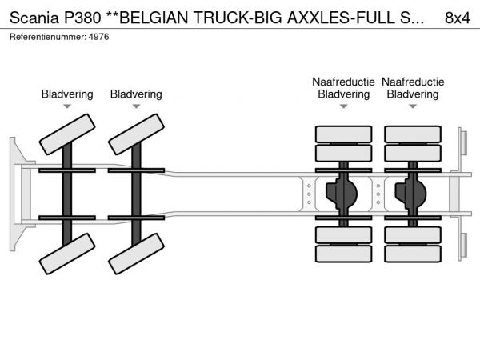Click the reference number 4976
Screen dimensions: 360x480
click(98, 37)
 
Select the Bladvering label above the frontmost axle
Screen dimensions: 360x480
click(67, 94)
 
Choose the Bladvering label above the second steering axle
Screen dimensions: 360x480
click(136, 94)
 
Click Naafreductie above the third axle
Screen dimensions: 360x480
click(343, 82)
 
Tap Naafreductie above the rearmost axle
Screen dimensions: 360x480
click(413, 82)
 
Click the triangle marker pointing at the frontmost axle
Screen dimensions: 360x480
click(67, 106)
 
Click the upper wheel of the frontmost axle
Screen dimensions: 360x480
click(67, 133)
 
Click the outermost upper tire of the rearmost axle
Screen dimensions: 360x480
click(413, 133)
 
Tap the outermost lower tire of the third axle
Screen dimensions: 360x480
click(343, 254)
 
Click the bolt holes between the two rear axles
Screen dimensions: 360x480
click(378, 193)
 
